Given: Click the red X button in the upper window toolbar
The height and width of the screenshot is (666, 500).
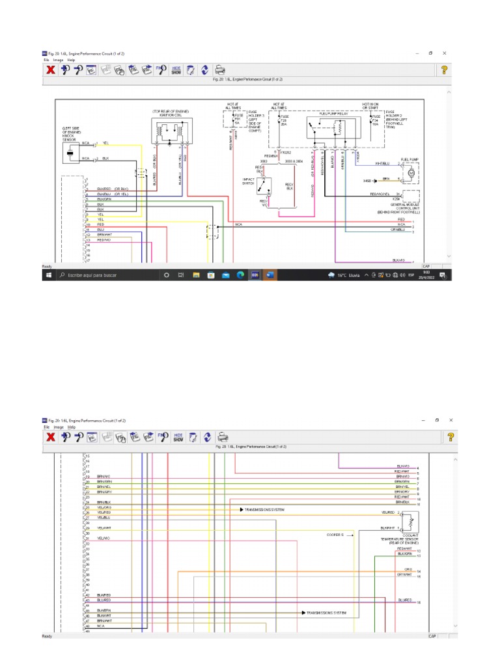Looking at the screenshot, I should point(50,70).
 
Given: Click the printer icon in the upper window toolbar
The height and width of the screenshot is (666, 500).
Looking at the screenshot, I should point(220,70).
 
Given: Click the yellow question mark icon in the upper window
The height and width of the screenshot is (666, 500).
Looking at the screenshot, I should point(444,70).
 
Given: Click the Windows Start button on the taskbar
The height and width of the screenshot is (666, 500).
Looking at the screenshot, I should point(48,275).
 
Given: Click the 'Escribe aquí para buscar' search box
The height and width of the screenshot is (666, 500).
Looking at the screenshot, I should point(104,275).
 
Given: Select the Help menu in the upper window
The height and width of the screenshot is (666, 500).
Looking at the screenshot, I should point(71,59).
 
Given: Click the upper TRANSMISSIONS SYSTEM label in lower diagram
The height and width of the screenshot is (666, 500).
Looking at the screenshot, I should point(264,510).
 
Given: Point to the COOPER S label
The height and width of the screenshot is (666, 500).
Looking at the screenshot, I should point(335,535).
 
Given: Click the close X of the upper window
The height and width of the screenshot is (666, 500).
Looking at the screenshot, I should point(444,53).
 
